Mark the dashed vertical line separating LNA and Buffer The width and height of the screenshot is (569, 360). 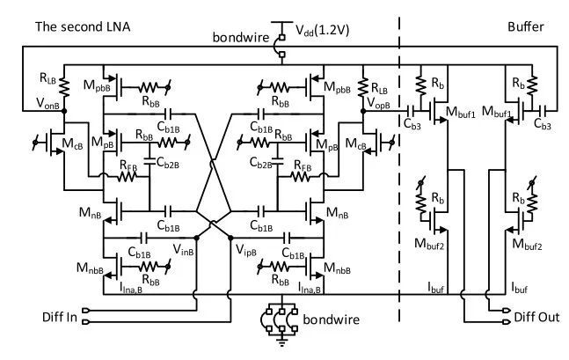click(x=400, y=176)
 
